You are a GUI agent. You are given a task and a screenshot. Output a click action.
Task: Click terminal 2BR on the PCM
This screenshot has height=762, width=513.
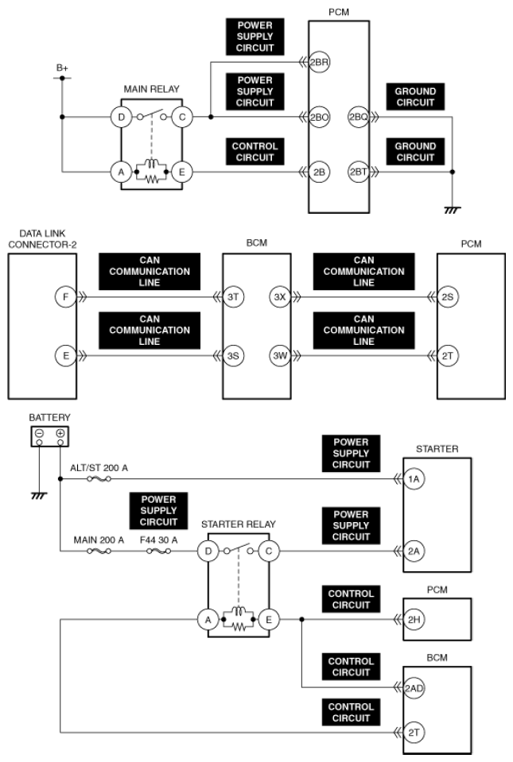pos(319,62)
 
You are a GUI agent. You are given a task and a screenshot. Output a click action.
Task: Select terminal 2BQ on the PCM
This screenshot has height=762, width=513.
pos(359,117)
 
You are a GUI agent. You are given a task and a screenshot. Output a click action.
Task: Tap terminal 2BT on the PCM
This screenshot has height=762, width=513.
pos(359,172)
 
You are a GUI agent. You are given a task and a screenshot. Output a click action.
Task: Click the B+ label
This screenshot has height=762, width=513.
pos(62,68)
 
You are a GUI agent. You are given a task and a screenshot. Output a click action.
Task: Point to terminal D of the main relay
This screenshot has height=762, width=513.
pos(121,117)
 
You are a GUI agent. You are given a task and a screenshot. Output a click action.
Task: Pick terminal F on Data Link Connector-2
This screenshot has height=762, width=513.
pos(66,297)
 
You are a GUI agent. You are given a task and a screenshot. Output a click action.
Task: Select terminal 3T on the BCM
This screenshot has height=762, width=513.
pos(233,297)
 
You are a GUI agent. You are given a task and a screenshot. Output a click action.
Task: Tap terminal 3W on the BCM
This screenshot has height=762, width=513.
pos(280,356)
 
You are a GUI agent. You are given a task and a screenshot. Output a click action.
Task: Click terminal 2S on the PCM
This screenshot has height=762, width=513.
pos(447,297)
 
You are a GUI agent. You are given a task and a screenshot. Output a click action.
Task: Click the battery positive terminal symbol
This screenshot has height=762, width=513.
pos(60,433)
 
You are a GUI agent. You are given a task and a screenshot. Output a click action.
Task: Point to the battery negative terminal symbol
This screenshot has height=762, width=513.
pos(40,433)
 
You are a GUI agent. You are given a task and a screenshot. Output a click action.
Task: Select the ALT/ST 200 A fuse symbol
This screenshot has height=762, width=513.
pos(99,479)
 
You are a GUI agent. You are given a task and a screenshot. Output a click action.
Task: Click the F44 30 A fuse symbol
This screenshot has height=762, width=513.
pos(158,551)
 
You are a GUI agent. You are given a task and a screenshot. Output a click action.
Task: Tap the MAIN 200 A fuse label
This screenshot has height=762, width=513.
pos(99,540)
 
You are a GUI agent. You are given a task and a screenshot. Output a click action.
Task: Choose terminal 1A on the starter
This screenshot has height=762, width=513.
pos(414,479)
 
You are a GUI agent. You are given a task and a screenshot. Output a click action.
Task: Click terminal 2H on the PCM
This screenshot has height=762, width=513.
pos(414,620)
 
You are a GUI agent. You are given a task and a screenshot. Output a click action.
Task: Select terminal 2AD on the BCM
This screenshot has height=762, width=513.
pos(414,687)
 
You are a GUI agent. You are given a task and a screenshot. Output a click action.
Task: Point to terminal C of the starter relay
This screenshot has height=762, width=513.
pos(268,551)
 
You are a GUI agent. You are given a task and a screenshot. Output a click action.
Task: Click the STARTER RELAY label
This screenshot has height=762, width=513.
pos(239,524)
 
